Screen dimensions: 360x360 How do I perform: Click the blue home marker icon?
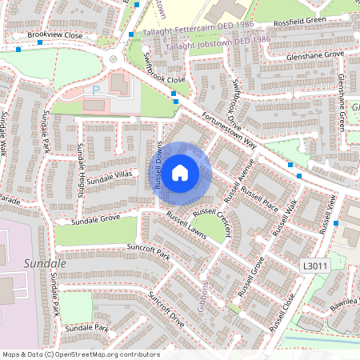point(180,172)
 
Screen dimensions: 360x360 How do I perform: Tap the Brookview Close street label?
point(54,36)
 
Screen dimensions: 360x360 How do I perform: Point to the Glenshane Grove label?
point(316,54)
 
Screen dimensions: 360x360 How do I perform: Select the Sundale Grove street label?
point(95,218)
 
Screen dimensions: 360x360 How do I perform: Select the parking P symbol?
point(97,90)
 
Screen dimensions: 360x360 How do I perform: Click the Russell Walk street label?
point(285,217)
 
